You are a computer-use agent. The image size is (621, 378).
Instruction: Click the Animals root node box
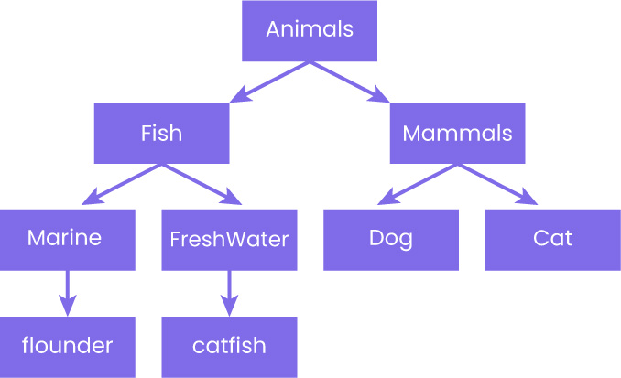click(x=310, y=30)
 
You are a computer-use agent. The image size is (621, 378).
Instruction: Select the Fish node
click(x=161, y=134)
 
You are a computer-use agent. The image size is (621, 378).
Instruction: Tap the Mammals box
click(x=458, y=134)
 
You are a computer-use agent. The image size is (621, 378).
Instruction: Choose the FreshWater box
click(x=229, y=240)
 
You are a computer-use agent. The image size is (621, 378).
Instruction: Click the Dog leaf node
click(x=391, y=240)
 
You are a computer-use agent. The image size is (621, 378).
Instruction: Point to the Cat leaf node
click(x=552, y=240)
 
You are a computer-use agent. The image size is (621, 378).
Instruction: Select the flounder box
click(x=67, y=346)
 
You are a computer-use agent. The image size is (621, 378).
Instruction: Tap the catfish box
click(x=229, y=346)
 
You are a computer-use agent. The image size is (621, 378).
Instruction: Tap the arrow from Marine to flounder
click(x=67, y=291)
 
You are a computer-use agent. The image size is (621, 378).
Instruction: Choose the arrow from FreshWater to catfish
click(x=229, y=291)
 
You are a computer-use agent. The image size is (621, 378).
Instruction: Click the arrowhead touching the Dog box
click(x=386, y=199)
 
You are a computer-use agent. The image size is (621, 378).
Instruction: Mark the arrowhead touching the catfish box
click(x=229, y=306)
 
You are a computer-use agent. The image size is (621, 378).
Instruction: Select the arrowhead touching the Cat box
click(x=529, y=199)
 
